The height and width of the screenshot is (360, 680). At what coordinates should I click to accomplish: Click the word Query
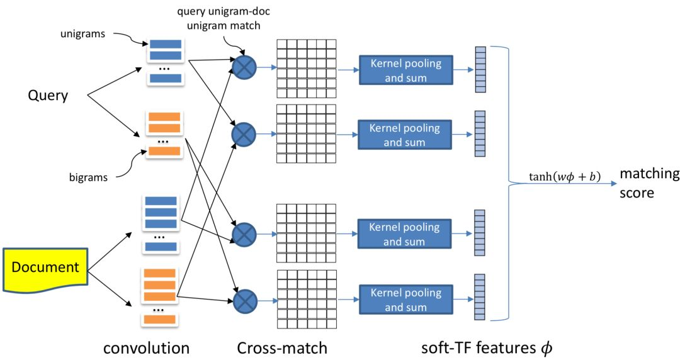pyautogui.click(x=47, y=96)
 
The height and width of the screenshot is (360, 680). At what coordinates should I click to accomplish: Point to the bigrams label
pyautogui.click(x=88, y=177)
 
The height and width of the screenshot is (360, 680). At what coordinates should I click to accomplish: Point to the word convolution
pyautogui.click(x=146, y=347)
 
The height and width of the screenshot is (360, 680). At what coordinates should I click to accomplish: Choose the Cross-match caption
pyautogui.click(x=282, y=347)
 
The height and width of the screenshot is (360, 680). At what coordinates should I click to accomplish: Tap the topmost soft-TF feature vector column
pyautogui.click(x=481, y=69)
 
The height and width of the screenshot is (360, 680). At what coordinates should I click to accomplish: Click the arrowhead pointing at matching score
pyautogui.click(x=613, y=183)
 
